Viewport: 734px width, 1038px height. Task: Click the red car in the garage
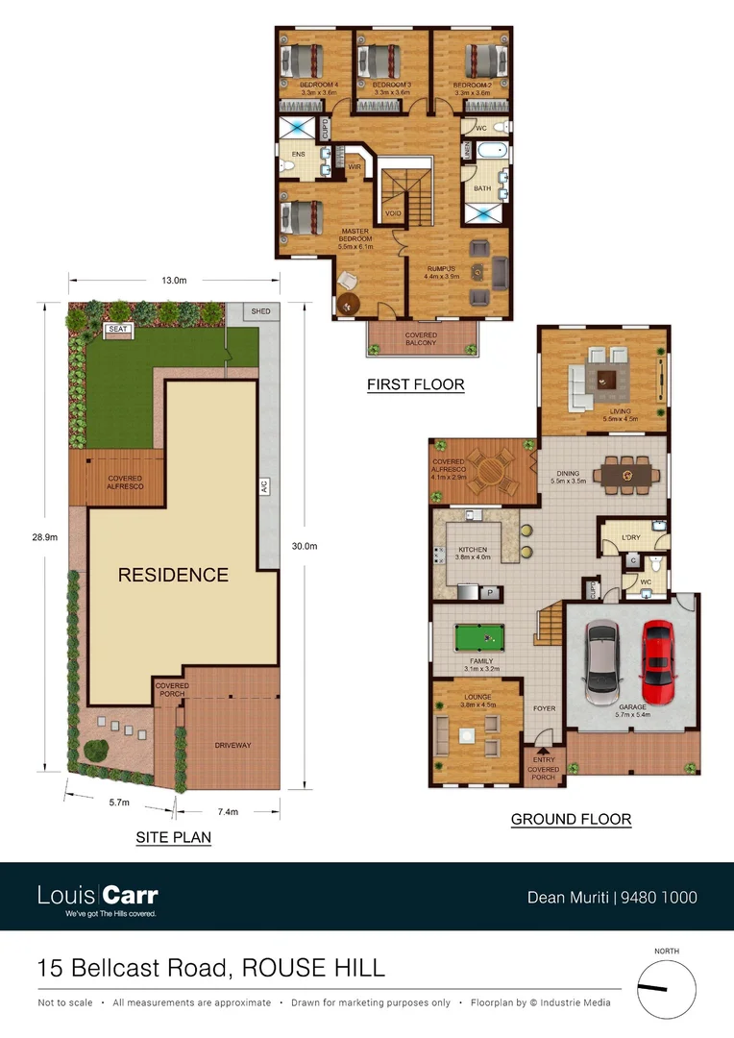tap(658, 662)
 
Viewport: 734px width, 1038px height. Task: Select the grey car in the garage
tap(601, 662)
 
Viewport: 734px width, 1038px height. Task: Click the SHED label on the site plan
tap(261, 311)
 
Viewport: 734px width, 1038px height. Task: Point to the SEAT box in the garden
tap(118, 329)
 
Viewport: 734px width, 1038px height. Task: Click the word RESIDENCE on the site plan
tap(173, 576)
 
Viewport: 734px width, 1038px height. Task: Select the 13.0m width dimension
tap(174, 281)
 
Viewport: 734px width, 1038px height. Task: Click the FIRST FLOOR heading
tap(415, 385)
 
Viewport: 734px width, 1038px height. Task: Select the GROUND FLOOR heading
tap(571, 820)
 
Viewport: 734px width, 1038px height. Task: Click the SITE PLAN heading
tap(173, 838)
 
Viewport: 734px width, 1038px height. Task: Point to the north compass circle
tap(666, 987)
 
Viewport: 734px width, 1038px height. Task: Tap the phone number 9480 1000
tap(659, 898)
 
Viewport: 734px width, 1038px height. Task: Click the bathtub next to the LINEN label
tap(491, 152)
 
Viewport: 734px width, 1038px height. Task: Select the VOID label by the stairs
tap(393, 213)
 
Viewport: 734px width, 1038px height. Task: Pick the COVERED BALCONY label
tap(421, 338)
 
